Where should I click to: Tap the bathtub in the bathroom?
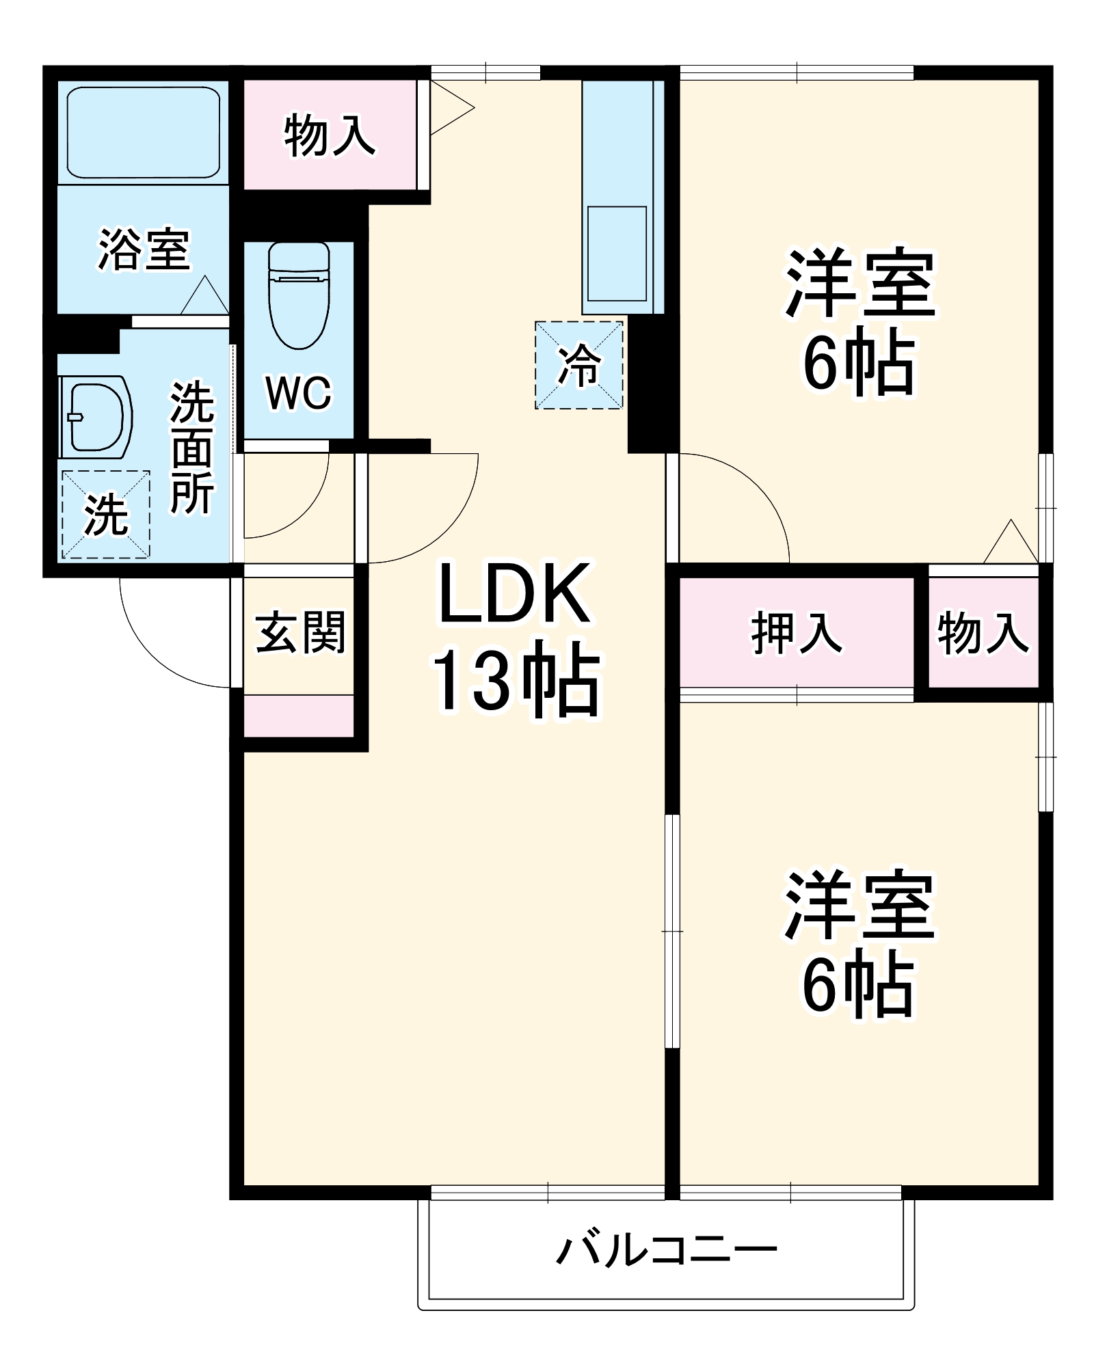pos(143,131)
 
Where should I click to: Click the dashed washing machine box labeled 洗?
pos(106,514)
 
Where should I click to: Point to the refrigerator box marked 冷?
pos(578,366)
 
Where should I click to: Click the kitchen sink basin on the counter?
pos(617,253)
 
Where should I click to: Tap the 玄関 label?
pos(300,632)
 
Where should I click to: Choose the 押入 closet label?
pos(797,632)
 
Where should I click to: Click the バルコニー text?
pos(667,1250)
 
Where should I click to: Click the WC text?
pos(299,392)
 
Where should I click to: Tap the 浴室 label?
pos(144,249)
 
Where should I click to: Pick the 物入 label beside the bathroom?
pos(330,135)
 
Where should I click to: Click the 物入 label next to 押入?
pos(983,633)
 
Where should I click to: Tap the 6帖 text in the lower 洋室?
pos(858,984)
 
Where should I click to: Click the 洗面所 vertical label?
pos(192,448)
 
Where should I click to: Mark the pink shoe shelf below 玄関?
pos(299,716)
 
